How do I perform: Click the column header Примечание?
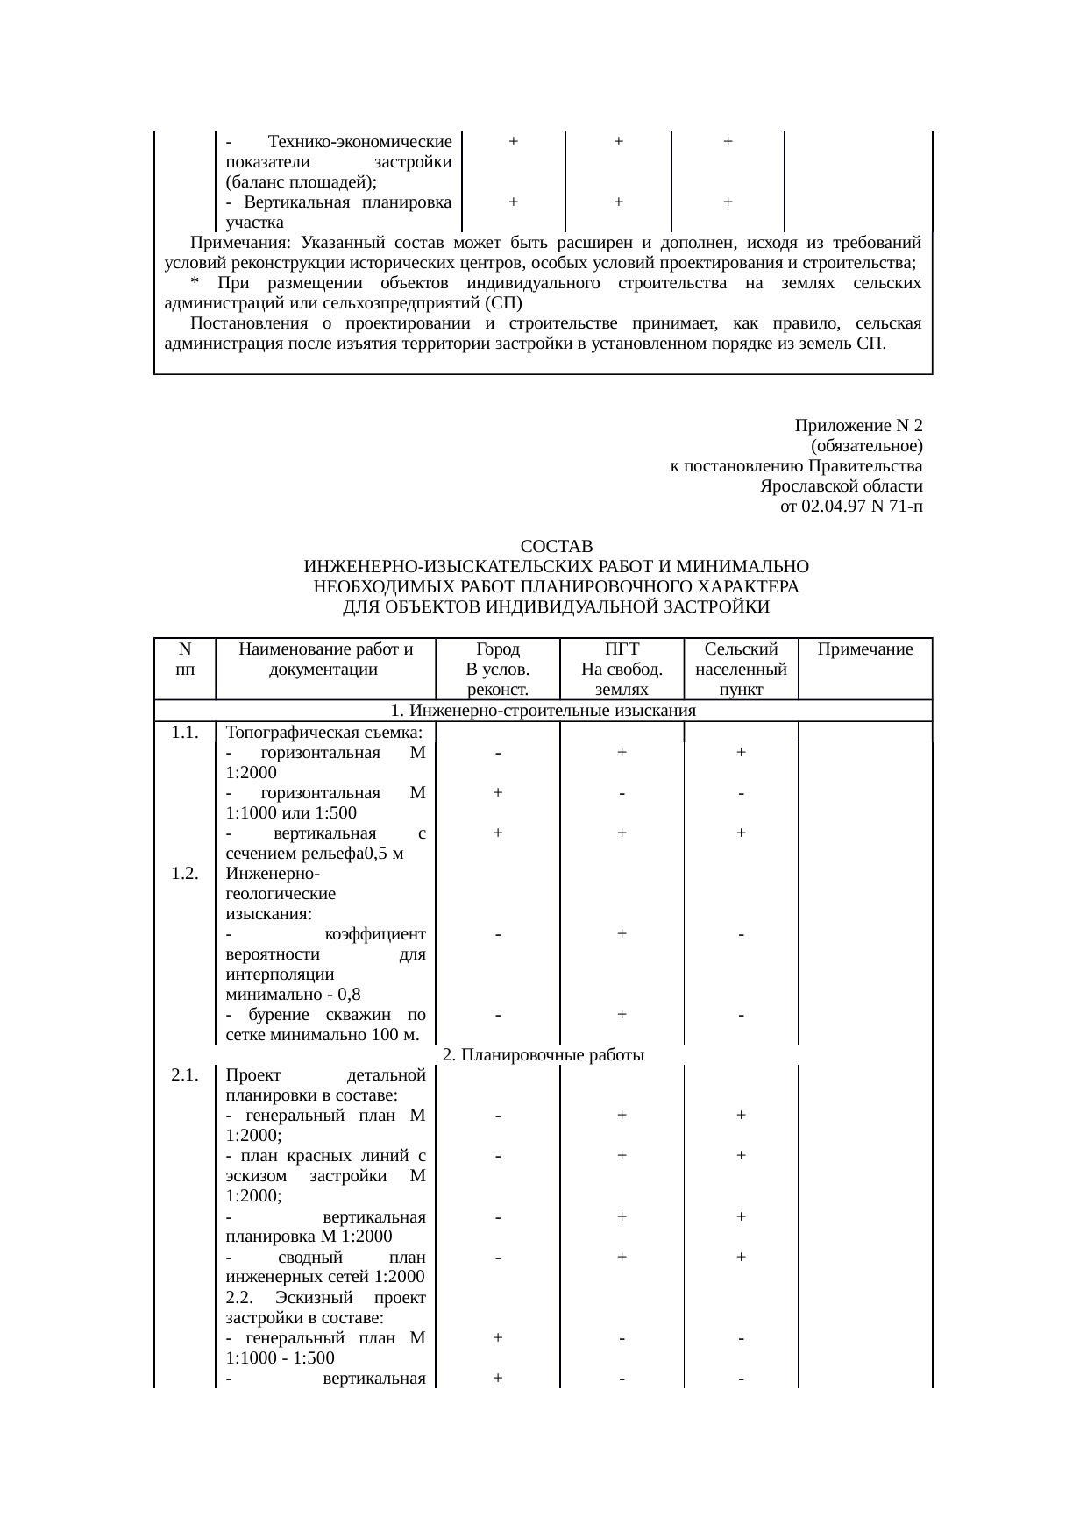click(864, 649)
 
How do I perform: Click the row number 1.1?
click(184, 733)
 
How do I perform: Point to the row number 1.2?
click(184, 873)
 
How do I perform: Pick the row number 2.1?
click(184, 1075)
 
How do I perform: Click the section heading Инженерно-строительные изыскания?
click(543, 710)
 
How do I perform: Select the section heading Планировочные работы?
click(543, 1054)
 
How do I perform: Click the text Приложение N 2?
click(858, 426)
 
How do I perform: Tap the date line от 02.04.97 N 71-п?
click(851, 507)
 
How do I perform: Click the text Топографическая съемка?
click(324, 733)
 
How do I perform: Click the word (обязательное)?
click(867, 446)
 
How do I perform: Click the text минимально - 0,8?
click(293, 995)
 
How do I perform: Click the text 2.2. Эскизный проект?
click(324, 1297)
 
